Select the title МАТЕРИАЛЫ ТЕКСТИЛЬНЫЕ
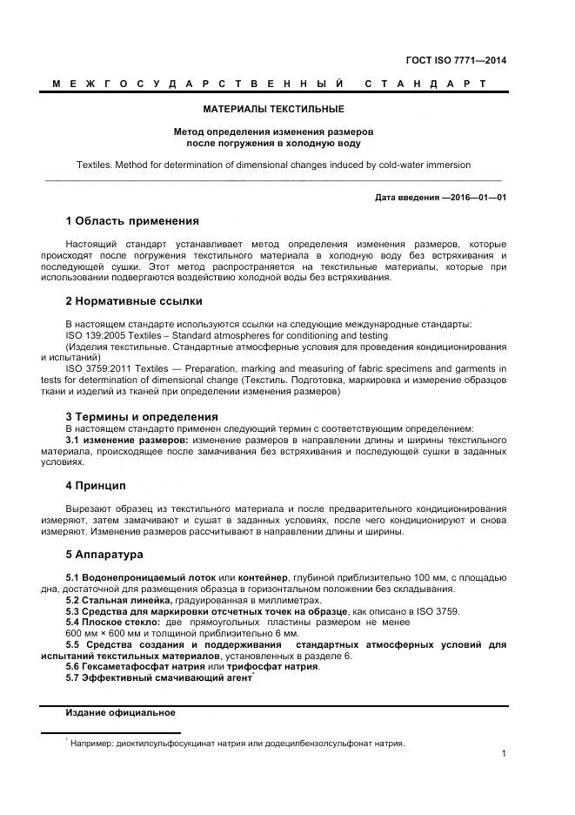click(x=273, y=110)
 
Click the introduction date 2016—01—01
click(x=475, y=198)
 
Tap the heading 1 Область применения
click(x=132, y=220)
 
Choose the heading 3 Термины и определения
click(x=141, y=416)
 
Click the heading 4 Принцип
click(x=96, y=485)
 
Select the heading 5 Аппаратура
click(x=104, y=554)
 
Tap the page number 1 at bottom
click(x=504, y=754)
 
